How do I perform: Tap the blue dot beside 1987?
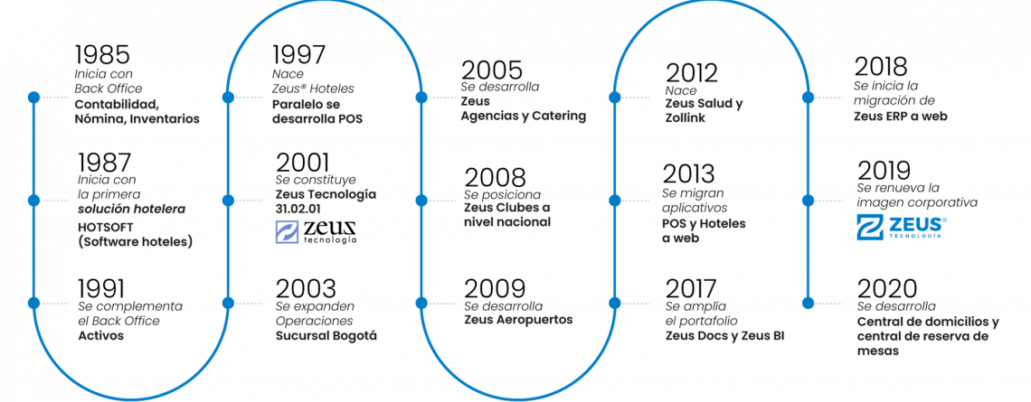[x=33, y=201]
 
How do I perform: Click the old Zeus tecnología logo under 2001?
[x=317, y=232]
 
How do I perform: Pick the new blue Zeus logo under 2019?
[x=902, y=228]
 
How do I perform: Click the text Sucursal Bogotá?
[x=326, y=336]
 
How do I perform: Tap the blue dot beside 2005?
[x=421, y=98]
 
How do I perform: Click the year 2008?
[x=495, y=178]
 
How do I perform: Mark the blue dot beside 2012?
[x=615, y=98]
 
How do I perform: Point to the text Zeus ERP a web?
[x=901, y=117]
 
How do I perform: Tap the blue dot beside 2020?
[x=809, y=303]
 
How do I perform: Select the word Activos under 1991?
[x=100, y=336]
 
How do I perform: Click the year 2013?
[x=689, y=174]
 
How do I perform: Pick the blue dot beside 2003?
[x=228, y=303]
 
